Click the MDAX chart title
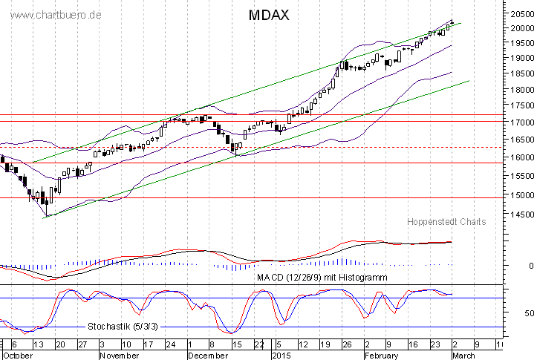pyautogui.click(x=264, y=15)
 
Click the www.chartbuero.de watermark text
pyautogui.click(x=51, y=15)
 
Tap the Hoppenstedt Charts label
pyautogui.click(x=446, y=221)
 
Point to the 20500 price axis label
pyautogui.click(x=520, y=13)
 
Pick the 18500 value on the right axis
pyautogui.click(x=520, y=73)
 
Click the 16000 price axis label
pyautogui.click(x=520, y=157)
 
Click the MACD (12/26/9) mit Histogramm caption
pyautogui.click(x=322, y=277)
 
